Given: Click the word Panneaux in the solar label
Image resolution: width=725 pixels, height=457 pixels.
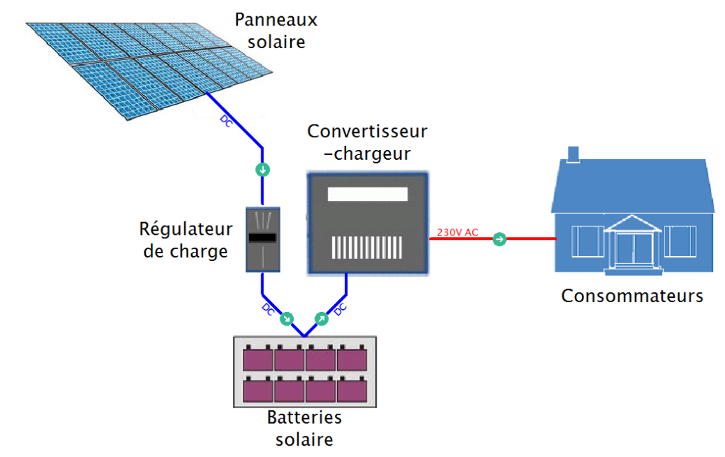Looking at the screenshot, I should (276, 20).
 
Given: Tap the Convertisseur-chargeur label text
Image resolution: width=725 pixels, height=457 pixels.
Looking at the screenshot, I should (367, 142).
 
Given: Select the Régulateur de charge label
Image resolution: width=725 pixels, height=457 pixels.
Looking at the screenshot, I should (185, 240).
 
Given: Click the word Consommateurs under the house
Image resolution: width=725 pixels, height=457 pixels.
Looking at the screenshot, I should (632, 296).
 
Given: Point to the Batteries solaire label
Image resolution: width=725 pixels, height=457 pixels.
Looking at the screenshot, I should (304, 428).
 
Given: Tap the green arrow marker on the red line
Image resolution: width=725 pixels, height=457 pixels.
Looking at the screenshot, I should (499, 240).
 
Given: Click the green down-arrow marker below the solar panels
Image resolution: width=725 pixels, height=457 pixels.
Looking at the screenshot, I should (263, 170).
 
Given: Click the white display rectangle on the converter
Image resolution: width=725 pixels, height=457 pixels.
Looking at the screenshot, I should (367, 195).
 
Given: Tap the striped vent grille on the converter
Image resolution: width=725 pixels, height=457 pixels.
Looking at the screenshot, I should (367, 247).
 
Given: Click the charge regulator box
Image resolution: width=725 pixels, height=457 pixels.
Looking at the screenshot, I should (263, 240).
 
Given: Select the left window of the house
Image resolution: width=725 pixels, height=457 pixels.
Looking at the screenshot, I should (588, 241).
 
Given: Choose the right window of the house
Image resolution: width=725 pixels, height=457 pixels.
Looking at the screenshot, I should (680, 241).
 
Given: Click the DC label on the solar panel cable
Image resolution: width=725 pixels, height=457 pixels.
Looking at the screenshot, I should (226, 121).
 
